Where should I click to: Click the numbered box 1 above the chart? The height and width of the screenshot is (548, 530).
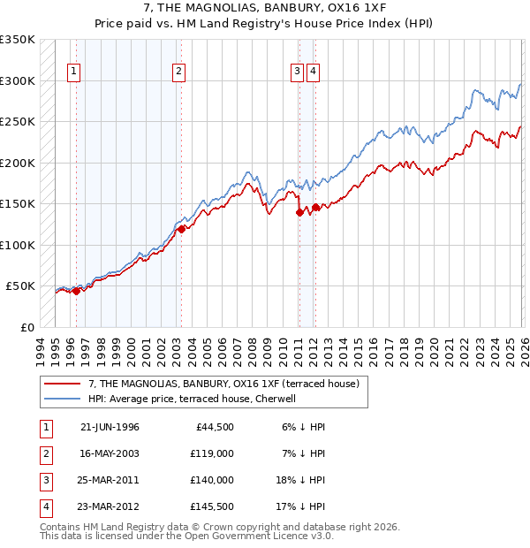(73, 72)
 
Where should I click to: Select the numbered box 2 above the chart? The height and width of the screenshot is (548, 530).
(178, 72)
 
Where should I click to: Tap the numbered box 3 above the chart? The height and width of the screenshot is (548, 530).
(298, 72)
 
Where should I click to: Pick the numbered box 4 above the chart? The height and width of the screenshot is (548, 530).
(314, 72)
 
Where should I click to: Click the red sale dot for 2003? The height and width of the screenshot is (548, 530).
(181, 229)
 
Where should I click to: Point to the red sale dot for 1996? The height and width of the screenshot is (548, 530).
(77, 290)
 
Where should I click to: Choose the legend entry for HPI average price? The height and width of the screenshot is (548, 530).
(196, 399)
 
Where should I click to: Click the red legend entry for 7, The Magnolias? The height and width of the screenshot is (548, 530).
(223, 384)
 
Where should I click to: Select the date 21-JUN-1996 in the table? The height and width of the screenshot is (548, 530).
(110, 427)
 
